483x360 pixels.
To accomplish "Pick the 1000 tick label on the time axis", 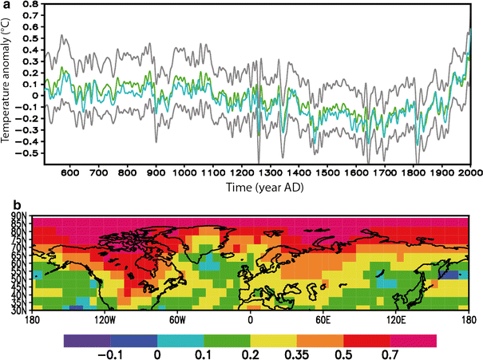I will point(185,172).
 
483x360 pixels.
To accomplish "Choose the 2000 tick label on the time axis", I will point(470,172).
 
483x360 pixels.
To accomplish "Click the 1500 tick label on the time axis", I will point(327,172).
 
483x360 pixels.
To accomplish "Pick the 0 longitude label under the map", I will point(251,321).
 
